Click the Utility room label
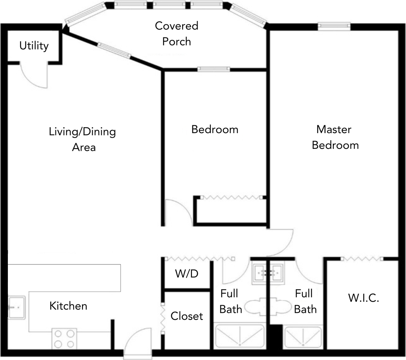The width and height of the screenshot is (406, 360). coord(34,46)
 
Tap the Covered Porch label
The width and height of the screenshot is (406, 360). coord(177,34)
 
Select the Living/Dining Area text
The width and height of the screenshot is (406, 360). coord(82,139)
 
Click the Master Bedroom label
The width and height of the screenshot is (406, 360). coord(335,137)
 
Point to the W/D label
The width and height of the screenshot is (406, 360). coord(187,273)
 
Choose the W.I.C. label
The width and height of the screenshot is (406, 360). coord(364,298)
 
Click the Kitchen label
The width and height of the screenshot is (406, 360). coord(68,306)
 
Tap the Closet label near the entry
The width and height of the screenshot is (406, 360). coord(187,316)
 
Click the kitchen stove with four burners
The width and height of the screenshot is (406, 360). coord(64,339)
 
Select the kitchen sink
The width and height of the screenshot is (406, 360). coord(16,307)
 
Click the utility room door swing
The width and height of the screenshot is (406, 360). coord(34,76)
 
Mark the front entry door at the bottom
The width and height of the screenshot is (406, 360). coord(138,342)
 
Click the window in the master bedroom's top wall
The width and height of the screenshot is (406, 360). coord(334,25)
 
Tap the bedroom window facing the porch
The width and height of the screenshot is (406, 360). coord(214,69)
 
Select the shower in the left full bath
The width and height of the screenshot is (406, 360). coord(240,336)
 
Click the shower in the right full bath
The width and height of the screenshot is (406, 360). coord(303,337)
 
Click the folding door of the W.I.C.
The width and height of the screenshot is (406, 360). coord(362,258)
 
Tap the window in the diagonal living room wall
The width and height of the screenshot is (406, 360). coord(114,50)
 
